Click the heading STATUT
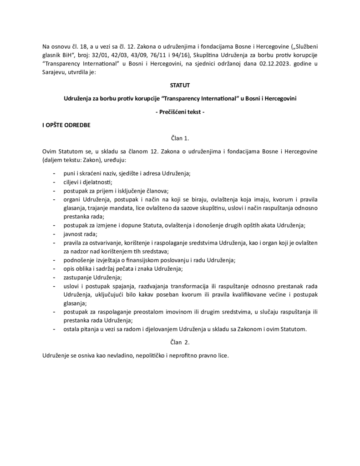pos(180,85)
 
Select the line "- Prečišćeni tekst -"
pos(180,112)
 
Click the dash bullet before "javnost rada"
pos(54,234)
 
